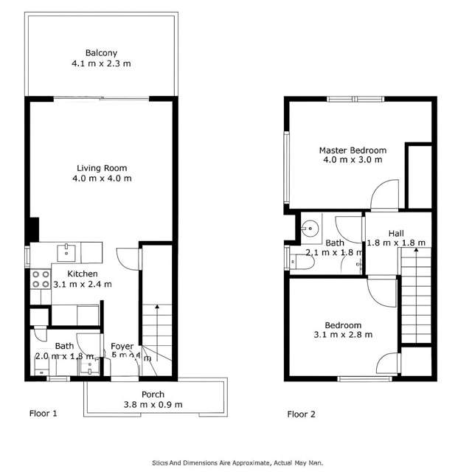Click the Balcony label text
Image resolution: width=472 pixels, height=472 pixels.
coord(102,53)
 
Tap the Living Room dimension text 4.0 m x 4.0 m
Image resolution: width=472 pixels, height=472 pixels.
coord(102,178)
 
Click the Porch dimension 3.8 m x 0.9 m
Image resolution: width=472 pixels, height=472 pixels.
coord(153,404)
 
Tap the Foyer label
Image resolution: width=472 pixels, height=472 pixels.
coord(122,347)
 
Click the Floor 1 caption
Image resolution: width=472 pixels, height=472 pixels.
coord(43,414)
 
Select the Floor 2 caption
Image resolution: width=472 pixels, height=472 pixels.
coord(301,414)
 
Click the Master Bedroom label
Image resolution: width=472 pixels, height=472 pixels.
coord(353,150)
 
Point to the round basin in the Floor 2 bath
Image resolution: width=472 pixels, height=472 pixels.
coord(310,227)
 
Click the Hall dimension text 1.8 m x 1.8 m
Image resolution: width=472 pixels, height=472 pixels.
coord(396,243)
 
